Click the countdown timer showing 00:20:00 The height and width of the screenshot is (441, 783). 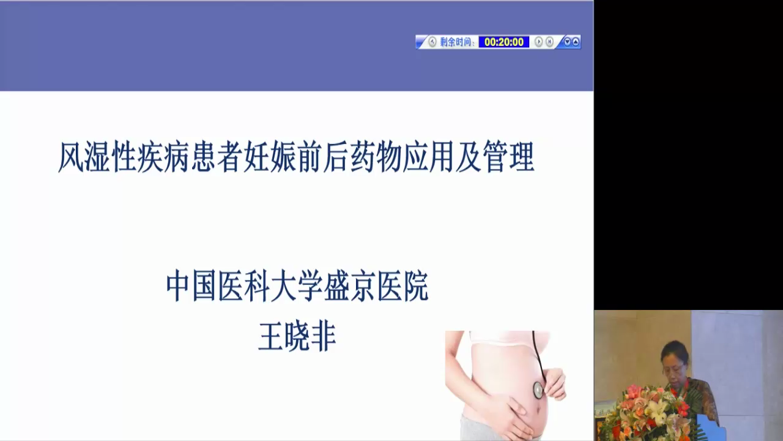503,42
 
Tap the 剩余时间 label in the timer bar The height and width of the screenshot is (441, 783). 456,42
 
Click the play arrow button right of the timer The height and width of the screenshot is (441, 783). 539,42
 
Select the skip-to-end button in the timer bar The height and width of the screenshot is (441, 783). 549,42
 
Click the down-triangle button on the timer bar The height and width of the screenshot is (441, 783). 567,42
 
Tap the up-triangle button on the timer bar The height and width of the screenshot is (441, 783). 576,42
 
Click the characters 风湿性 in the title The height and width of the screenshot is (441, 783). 97,157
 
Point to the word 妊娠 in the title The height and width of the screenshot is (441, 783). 269,157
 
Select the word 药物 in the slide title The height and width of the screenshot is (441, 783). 376,157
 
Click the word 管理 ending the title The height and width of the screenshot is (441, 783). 508,157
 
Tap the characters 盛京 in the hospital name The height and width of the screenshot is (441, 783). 351,286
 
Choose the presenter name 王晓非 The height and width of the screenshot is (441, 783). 297,336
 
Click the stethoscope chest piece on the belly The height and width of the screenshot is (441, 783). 538,390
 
